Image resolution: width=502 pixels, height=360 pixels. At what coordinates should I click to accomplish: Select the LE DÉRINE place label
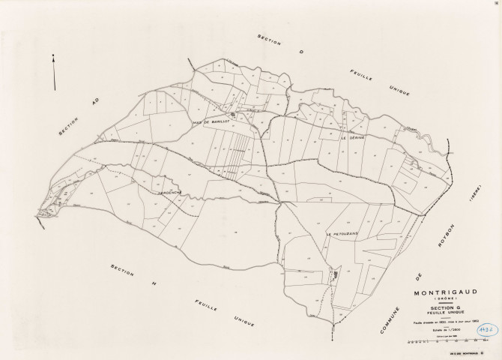pos(352,138)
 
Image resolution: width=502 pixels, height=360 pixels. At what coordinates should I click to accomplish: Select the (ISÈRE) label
pos(474,196)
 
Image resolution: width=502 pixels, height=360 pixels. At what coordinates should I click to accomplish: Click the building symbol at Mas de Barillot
pos(232,115)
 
